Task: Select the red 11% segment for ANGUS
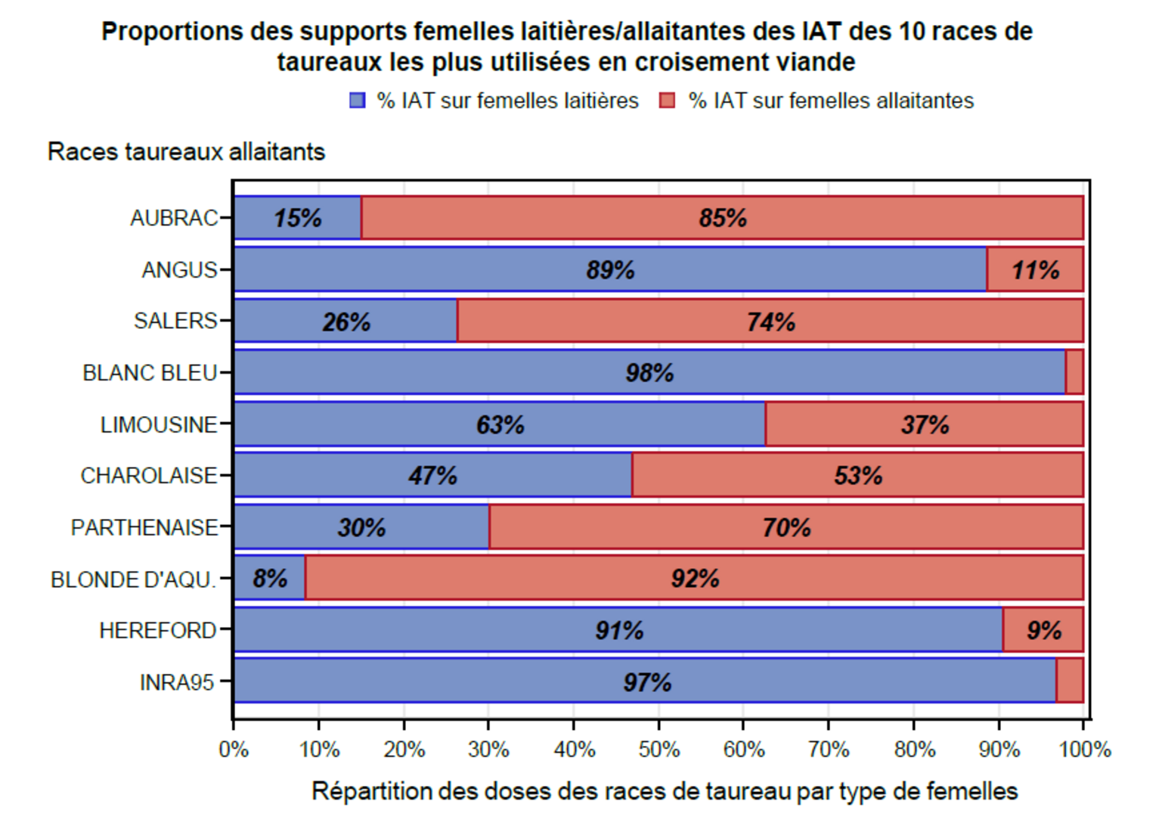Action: pos(1035,269)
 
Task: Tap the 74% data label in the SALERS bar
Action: pos(771,322)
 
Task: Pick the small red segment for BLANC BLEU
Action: pos(1074,372)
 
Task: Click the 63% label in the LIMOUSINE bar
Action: pos(500,424)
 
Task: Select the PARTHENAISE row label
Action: pos(144,527)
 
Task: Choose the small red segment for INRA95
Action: pos(1070,681)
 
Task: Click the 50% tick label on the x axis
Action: pos(658,750)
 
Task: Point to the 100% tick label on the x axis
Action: pos(1085,750)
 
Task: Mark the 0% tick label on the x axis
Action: pos(234,750)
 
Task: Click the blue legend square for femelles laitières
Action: pos(358,101)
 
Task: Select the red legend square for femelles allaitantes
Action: pos(667,101)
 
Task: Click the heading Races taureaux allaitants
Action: pos(186,151)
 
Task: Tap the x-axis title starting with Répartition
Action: pos(665,791)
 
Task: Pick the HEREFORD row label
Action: pos(158,630)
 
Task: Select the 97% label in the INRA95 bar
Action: pos(647,682)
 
